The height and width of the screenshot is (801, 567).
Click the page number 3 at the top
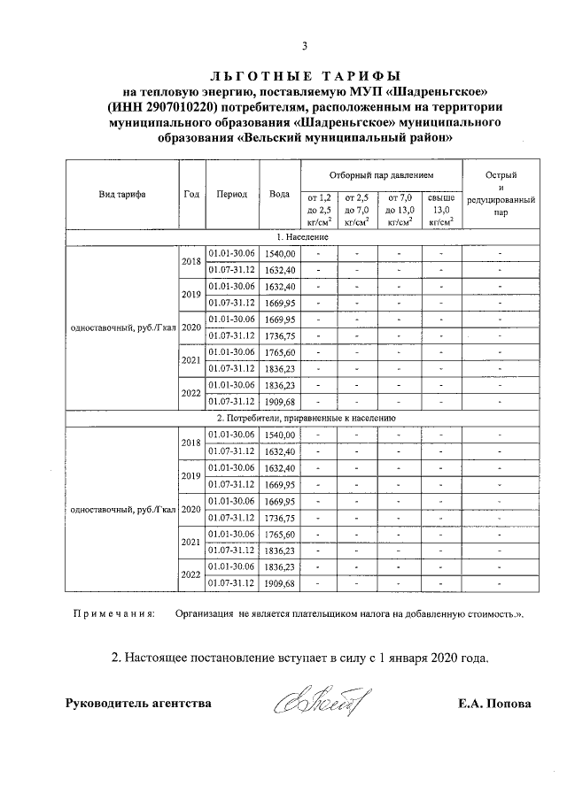pyautogui.click(x=304, y=46)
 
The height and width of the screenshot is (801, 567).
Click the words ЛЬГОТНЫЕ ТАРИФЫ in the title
pyautogui.click(x=304, y=76)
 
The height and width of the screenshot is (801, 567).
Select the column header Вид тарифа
pyautogui.click(x=122, y=194)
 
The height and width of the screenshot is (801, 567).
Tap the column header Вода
pyautogui.click(x=279, y=194)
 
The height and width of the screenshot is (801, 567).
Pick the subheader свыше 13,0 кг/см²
pyautogui.click(x=440, y=210)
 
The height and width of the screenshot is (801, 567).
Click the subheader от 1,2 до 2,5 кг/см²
pyautogui.click(x=318, y=210)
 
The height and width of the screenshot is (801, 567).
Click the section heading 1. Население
pyautogui.click(x=302, y=238)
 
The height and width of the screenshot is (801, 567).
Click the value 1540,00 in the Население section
pyautogui.click(x=279, y=254)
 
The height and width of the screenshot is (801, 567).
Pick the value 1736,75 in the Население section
pyautogui.click(x=279, y=335)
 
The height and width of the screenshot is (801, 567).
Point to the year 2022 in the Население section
pyautogui.click(x=191, y=393)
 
